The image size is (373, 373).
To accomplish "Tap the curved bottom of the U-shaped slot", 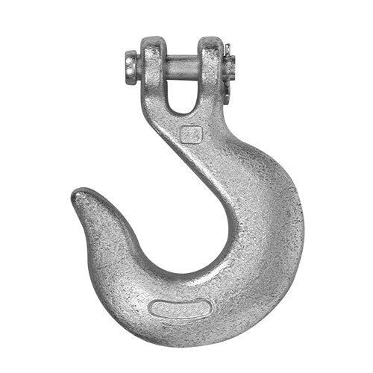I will (x=179, y=110).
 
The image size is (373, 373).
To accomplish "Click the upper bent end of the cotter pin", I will (x=227, y=51).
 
